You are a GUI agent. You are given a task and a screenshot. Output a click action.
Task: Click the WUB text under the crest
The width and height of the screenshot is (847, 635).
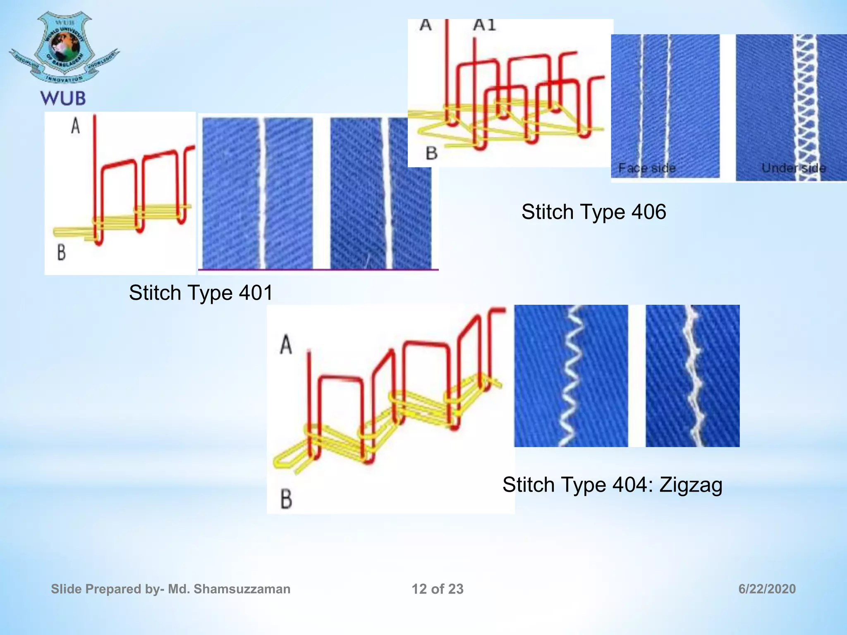pyautogui.click(x=63, y=98)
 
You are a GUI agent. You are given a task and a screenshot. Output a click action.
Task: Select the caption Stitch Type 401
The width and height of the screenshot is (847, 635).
pyautogui.click(x=201, y=293)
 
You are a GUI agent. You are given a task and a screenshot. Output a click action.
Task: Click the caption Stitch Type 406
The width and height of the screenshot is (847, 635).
pyautogui.click(x=593, y=212)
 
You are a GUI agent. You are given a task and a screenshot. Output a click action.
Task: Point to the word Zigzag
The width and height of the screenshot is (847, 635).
pyautogui.click(x=691, y=485)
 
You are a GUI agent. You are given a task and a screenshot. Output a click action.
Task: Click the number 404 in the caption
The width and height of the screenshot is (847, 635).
pyautogui.click(x=630, y=485)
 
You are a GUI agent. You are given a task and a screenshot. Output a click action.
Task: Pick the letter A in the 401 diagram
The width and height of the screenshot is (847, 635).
pyautogui.click(x=75, y=126)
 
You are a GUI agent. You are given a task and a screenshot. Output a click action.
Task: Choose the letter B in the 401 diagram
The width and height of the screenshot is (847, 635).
pyautogui.click(x=61, y=252)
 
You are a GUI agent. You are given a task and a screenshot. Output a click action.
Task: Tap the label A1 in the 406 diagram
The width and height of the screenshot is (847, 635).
pyautogui.click(x=484, y=26)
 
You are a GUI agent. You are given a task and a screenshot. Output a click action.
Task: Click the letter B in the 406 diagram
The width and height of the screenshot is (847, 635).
pyautogui.click(x=431, y=153)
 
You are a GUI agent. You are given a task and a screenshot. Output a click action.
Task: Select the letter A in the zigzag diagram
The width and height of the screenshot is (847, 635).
pyautogui.click(x=286, y=345)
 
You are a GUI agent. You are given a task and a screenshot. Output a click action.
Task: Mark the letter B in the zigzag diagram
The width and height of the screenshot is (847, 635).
pyautogui.click(x=286, y=499)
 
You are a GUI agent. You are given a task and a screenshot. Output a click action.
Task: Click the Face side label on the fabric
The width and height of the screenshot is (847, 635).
pyautogui.click(x=647, y=168)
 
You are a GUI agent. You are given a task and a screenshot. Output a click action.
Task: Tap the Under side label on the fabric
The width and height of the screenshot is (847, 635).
pyautogui.click(x=793, y=168)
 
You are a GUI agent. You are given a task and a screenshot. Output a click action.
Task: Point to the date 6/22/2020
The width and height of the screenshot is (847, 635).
pyautogui.click(x=767, y=589)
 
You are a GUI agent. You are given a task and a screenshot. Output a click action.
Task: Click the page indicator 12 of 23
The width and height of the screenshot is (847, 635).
pyautogui.click(x=438, y=589)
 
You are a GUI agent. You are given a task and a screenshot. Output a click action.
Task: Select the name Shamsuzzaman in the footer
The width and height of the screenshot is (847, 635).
pyautogui.click(x=242, y=589)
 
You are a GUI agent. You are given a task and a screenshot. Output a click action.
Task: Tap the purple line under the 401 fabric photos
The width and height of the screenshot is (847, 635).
pyautogui.click(x=318, y=270)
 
